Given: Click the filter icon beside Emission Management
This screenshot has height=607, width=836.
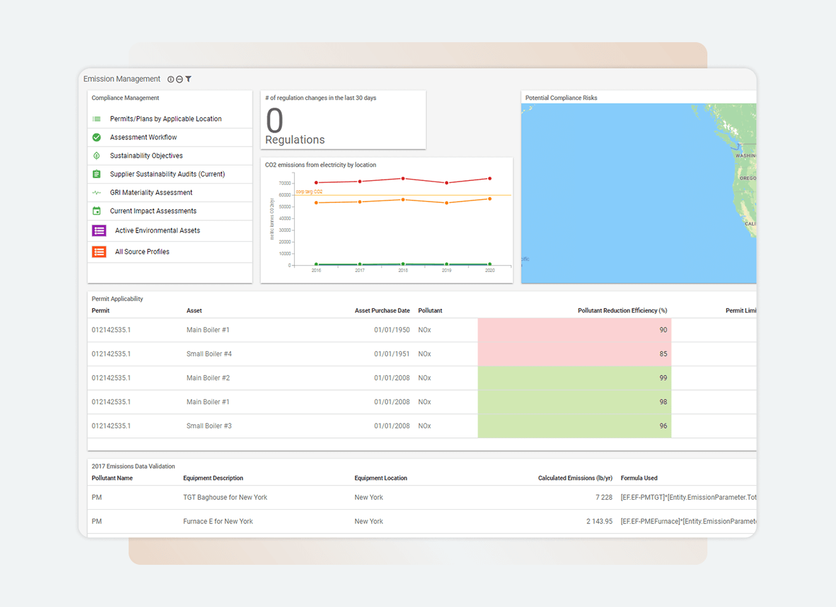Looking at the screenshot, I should click(x=188, y=79).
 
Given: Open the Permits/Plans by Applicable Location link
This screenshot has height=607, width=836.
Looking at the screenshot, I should click(x=165, y=119).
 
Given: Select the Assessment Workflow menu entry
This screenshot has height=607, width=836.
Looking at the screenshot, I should click(x=143, y=137).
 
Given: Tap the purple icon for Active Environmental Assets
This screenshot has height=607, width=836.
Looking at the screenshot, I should click(x=99, y=230).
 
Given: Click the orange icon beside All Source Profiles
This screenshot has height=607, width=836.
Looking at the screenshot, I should click(x=99, y=252).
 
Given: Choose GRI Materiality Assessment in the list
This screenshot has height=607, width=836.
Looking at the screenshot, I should click(x=151, y=192).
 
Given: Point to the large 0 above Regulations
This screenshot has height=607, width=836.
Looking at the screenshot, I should click(x=275, y=121).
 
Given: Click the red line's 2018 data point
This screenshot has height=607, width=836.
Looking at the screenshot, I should click(x=403, y=178).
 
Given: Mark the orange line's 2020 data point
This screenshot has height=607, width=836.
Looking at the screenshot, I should click(x=490, y=198).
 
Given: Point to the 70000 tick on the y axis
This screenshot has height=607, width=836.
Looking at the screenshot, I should click(x=285, y=183).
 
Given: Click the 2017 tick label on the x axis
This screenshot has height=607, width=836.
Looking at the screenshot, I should click(x=360, y=270).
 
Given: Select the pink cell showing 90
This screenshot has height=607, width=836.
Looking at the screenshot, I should click(x=574, y=330).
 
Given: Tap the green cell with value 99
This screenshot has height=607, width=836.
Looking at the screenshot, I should click(x=574, y=378).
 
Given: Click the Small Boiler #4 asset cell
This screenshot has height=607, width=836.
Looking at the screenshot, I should click(x=209, y=354).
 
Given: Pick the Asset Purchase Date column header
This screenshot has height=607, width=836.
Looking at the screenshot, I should click(x=382, y=311).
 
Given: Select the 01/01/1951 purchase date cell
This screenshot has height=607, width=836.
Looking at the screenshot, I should click(x=392, y=354).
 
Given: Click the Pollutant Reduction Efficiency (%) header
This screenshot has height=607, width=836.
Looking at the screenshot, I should click(x=622, y=311).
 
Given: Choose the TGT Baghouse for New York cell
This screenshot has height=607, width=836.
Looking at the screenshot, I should click(x=225, y=497).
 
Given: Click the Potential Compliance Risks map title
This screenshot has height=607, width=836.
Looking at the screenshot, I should click(x=561, y=98).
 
